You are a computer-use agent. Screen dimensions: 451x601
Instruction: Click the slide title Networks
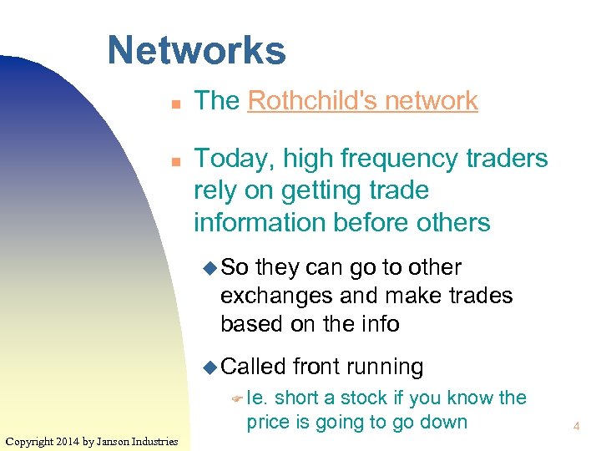(196, 50)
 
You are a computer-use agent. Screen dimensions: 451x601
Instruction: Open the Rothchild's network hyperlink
(362, 101)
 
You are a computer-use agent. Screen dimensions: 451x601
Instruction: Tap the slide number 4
(576, 427)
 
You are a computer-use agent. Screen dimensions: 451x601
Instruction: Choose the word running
(385, 367)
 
